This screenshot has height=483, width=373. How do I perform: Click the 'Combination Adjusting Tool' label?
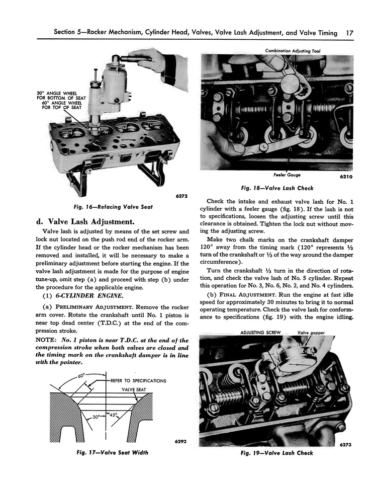(293, 51)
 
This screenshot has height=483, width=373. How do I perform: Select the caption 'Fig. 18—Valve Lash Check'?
(277, 188)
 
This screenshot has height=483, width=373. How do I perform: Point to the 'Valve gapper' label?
(310, 333)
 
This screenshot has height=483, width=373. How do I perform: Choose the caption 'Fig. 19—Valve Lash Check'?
(277, 453)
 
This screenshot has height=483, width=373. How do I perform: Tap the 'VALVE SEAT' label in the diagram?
(134, 390)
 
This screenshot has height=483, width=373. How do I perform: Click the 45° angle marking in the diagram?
(115, 416)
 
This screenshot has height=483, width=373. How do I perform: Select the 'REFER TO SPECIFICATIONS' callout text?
(137, 380)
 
